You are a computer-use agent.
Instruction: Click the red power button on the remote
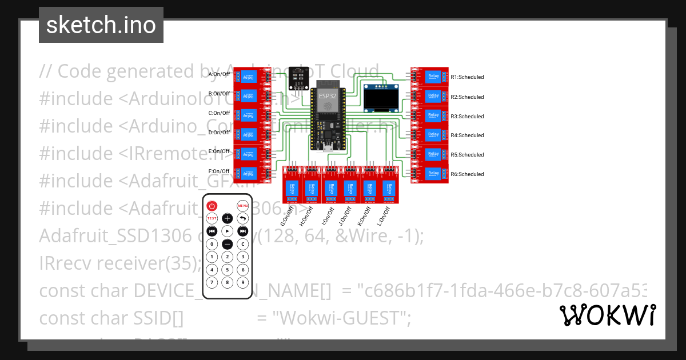[x=212, y=206]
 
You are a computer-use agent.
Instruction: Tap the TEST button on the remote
[x=212, y=218]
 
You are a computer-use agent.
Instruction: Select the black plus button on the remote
[x=228, y=218]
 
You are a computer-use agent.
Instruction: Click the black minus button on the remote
[x=228, y=244]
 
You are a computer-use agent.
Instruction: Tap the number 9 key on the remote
[x=243, y=282]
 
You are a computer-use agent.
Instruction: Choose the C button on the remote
[x=243, y=244]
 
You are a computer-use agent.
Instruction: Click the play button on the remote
[x=228, y=231]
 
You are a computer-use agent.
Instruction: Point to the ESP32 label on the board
[x=328, y=95]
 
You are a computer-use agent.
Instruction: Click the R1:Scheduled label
[x=467, y=77]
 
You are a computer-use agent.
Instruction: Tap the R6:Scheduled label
[x=467, y=174]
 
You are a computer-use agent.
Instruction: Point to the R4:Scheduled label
[x=467, y=135]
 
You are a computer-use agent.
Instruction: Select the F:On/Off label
[x=219, y=171]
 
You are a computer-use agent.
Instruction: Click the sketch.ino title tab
[x=101, y=25]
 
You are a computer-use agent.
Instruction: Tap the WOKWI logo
[x=607, y=315]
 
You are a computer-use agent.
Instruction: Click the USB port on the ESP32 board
[x=327, y=150]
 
